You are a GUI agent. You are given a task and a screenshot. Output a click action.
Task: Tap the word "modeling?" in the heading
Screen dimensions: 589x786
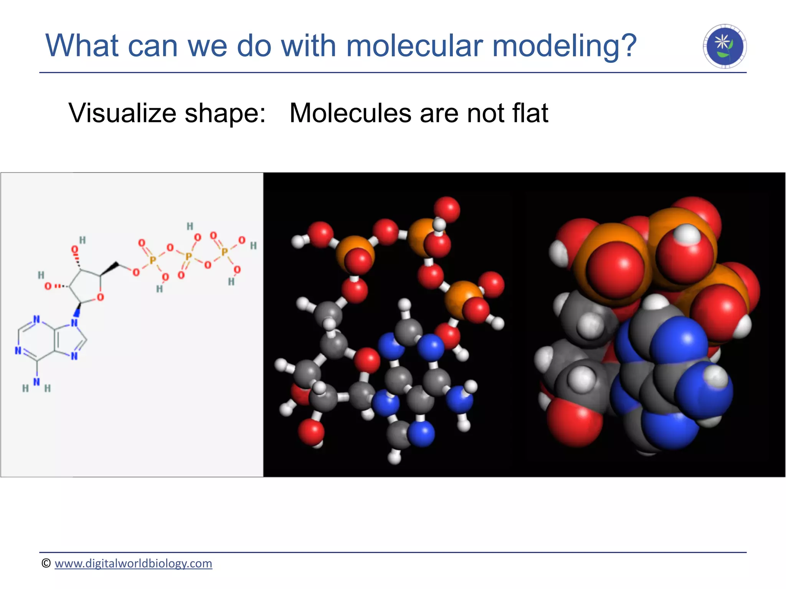[x=565, y=46]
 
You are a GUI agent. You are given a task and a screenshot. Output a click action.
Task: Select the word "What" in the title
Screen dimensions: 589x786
[x=83, y=46]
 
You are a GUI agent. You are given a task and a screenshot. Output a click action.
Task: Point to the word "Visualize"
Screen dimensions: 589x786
[x=122, y=114]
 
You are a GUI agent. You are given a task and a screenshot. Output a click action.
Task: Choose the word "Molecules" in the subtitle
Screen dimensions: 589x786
[x=350, y=114]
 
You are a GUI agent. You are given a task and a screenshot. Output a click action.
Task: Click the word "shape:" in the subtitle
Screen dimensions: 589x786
[x=225, y=114]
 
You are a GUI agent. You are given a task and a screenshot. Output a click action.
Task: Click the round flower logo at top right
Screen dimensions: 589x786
[x=725, y=46]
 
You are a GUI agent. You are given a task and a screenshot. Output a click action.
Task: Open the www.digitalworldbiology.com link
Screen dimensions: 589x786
[x=133, y=563]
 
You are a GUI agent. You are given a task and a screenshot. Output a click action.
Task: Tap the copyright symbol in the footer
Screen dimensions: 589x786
[x=46, y=563]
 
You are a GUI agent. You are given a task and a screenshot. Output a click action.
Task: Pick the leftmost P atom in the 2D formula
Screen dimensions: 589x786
[x=153, y=260]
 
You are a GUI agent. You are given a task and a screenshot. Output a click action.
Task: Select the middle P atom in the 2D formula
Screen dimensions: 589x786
[x=188, y=256]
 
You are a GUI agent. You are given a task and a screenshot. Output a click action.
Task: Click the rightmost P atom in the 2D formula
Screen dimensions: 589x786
[x=225, y=252]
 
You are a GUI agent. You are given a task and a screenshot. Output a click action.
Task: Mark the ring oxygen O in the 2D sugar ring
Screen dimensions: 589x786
[x=101, y=297]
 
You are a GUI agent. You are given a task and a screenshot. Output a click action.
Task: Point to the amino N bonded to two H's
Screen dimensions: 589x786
[x=36, y=382]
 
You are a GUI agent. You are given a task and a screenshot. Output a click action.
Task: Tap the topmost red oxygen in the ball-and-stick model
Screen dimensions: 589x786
[x=447, y=209]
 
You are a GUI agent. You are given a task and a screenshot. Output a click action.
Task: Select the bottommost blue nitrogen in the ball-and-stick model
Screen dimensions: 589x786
[x=421, y=434]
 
